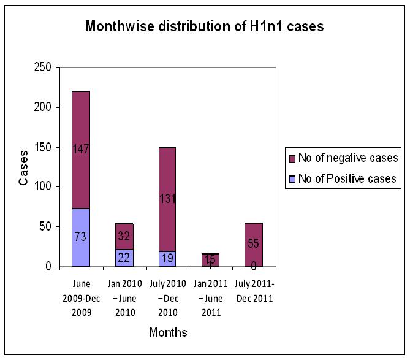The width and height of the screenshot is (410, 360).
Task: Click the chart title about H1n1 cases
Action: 204,26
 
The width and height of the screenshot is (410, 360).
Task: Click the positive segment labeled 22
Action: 124,258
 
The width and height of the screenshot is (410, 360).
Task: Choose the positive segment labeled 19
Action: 167,259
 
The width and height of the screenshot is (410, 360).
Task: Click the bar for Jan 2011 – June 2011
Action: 211,260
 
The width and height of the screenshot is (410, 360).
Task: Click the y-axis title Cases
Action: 23,167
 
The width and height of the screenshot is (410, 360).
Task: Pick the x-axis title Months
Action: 168,333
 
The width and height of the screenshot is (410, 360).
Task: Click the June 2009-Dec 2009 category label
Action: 80,298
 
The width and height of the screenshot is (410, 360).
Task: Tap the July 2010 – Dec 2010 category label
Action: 167,298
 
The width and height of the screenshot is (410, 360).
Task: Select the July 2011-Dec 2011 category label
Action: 254,291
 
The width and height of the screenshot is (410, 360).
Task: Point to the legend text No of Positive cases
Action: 347,179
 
